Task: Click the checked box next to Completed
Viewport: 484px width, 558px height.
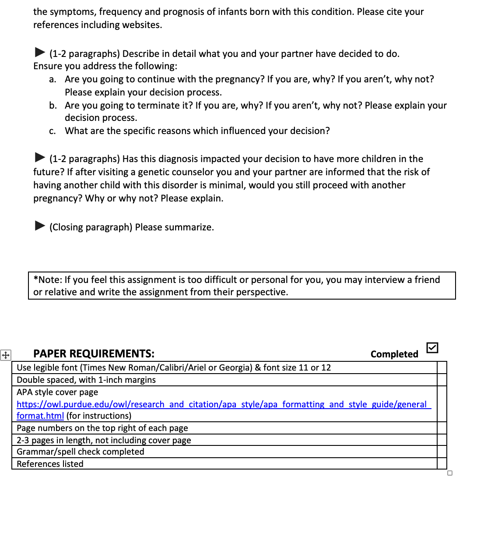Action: pos(432,348)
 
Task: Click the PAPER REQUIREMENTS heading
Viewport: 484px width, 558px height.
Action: pos(94,354)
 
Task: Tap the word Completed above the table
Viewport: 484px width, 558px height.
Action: pos(394,354)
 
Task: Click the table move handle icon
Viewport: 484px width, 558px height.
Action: pos(6,355)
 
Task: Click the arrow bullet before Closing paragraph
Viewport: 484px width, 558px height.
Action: pos(40,226)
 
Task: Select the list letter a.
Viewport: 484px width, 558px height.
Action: pos(53,79)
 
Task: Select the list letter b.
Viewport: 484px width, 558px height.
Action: pos(53,106)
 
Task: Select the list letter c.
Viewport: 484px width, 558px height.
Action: pos(53,131)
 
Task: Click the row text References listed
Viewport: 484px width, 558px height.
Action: pos(50,464)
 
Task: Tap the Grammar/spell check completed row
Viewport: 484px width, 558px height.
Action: pos(80,452)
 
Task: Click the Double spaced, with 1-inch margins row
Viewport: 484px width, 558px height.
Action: pos(86,380)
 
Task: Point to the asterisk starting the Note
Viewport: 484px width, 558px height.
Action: pos(35,279)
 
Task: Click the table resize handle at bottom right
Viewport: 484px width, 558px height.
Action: pos(450,473)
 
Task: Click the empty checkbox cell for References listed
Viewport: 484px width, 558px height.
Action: pos(442,464)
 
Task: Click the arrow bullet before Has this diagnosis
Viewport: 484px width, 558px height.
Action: pos(40,157)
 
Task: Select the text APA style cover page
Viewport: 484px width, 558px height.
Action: pos(57,392)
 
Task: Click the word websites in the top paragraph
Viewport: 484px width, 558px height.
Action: pos(141,25)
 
